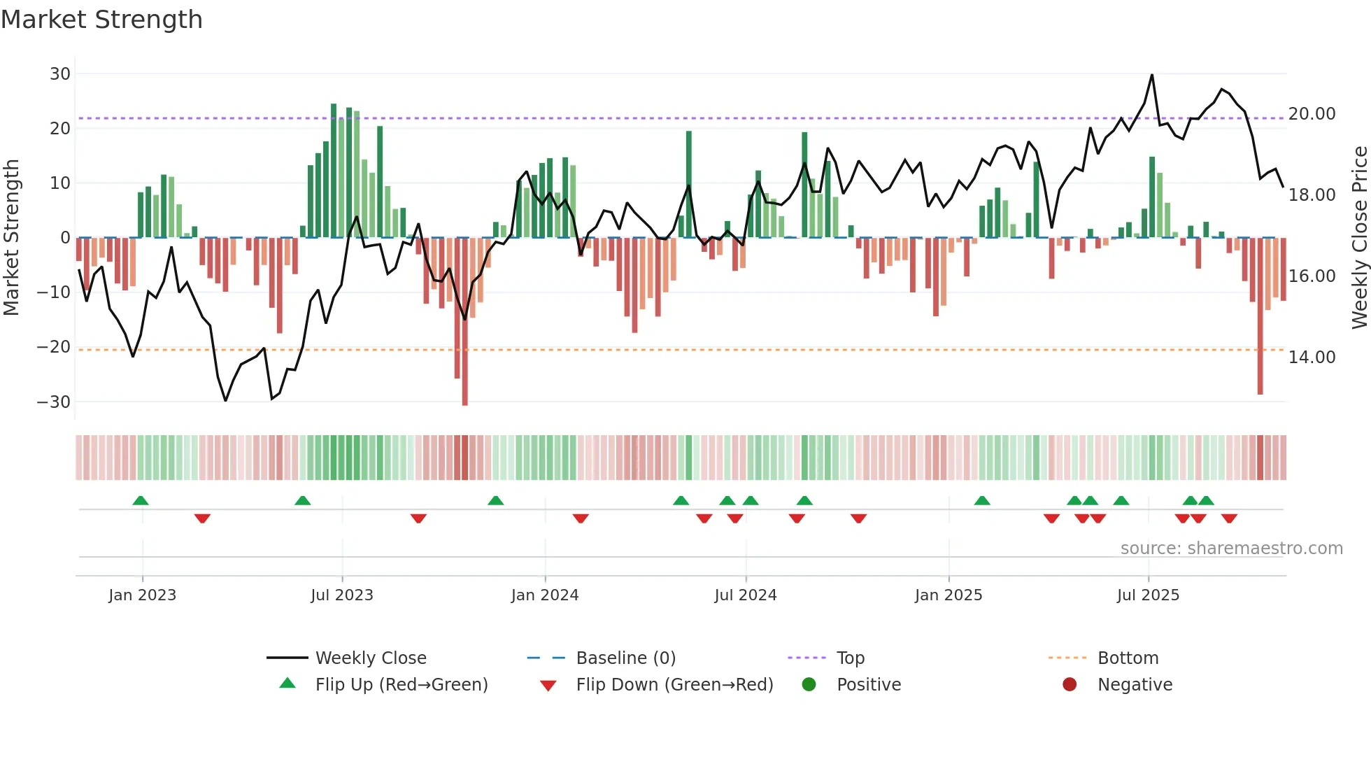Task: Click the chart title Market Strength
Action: coord(101,20)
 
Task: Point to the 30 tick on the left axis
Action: coord(60,74)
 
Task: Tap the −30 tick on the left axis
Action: coord(54,402)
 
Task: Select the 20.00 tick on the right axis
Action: coord(1312,114)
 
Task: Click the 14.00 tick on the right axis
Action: coord(1312,358)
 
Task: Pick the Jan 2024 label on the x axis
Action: coord(545,595)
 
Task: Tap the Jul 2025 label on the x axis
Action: coord(1148,595)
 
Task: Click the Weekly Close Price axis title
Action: coord(1359,238)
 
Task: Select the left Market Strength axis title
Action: coord(12,238)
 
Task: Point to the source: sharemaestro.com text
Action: coord(1231,549)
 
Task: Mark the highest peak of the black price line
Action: coord(1152,76)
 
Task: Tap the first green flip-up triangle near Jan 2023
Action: coord(141,500)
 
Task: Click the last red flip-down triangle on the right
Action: coord(1229,518)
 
